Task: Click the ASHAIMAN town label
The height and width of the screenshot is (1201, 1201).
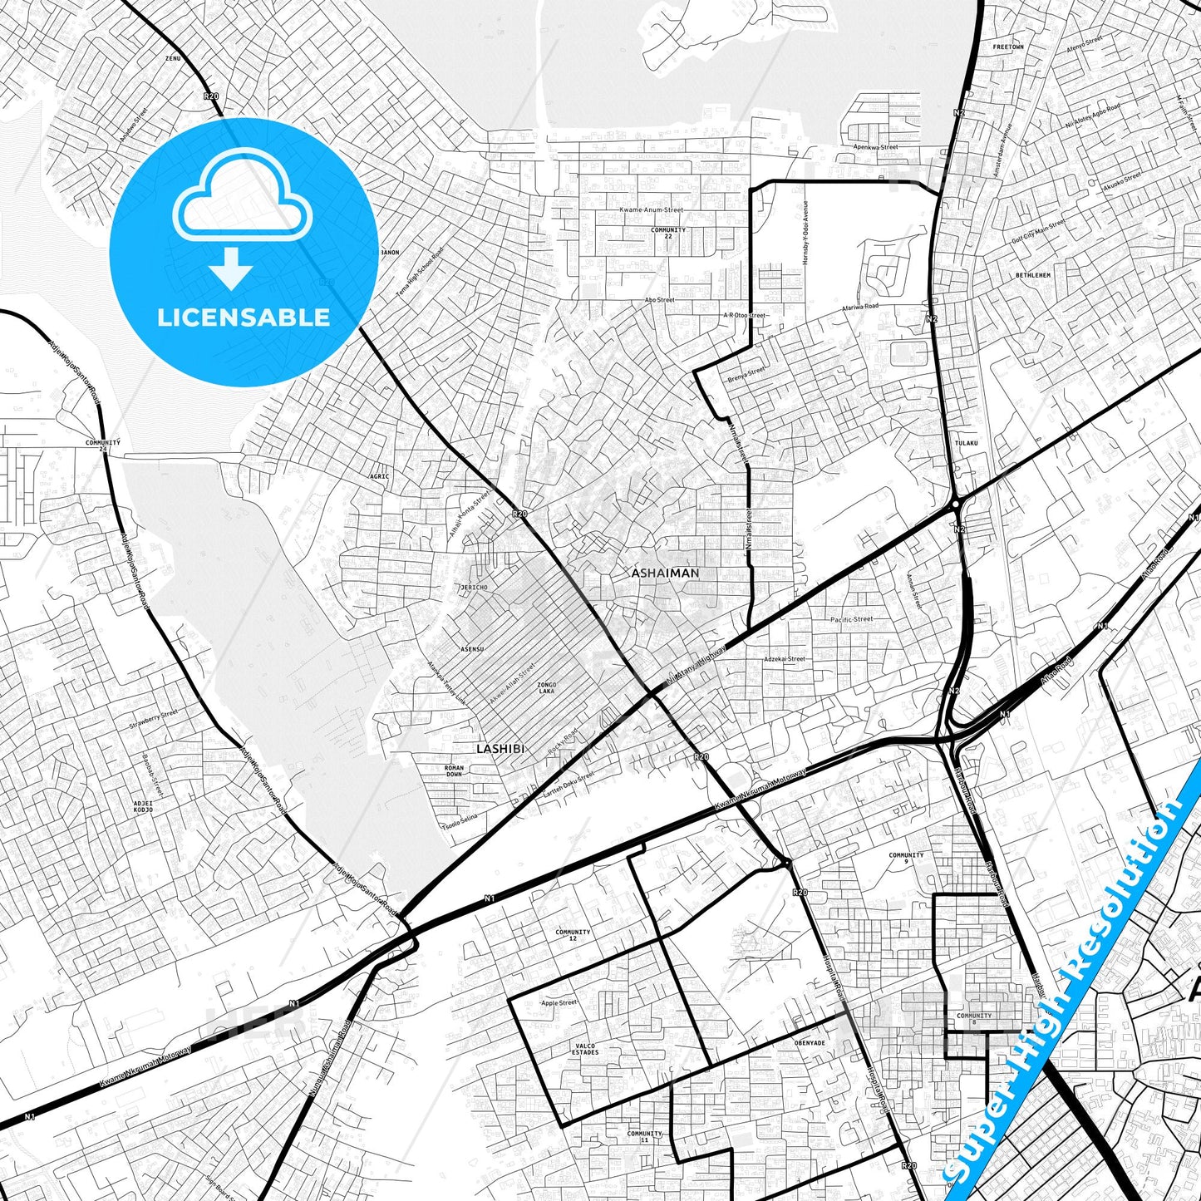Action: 665,573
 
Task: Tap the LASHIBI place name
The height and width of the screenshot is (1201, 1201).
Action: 500,748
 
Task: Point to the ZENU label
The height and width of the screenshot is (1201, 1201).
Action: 173,59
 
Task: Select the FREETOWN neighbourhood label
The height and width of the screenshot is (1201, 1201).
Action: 1008,47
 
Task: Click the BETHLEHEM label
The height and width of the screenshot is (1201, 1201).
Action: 1033,275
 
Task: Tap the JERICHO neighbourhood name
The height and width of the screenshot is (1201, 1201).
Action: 474,588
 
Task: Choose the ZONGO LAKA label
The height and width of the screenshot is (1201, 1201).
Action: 547,687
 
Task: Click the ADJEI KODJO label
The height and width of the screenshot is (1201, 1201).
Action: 143,806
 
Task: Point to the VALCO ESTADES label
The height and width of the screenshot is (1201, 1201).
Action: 585,1049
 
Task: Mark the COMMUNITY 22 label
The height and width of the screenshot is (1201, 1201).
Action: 668,233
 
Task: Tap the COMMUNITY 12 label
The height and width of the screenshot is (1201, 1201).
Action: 573,935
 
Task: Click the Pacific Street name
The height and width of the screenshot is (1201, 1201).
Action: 852,619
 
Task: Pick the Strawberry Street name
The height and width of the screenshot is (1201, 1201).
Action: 153,720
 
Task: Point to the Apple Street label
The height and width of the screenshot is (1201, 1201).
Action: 559,1003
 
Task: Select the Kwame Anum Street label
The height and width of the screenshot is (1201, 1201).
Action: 651,210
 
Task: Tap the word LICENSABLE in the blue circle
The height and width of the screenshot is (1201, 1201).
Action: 244,317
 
